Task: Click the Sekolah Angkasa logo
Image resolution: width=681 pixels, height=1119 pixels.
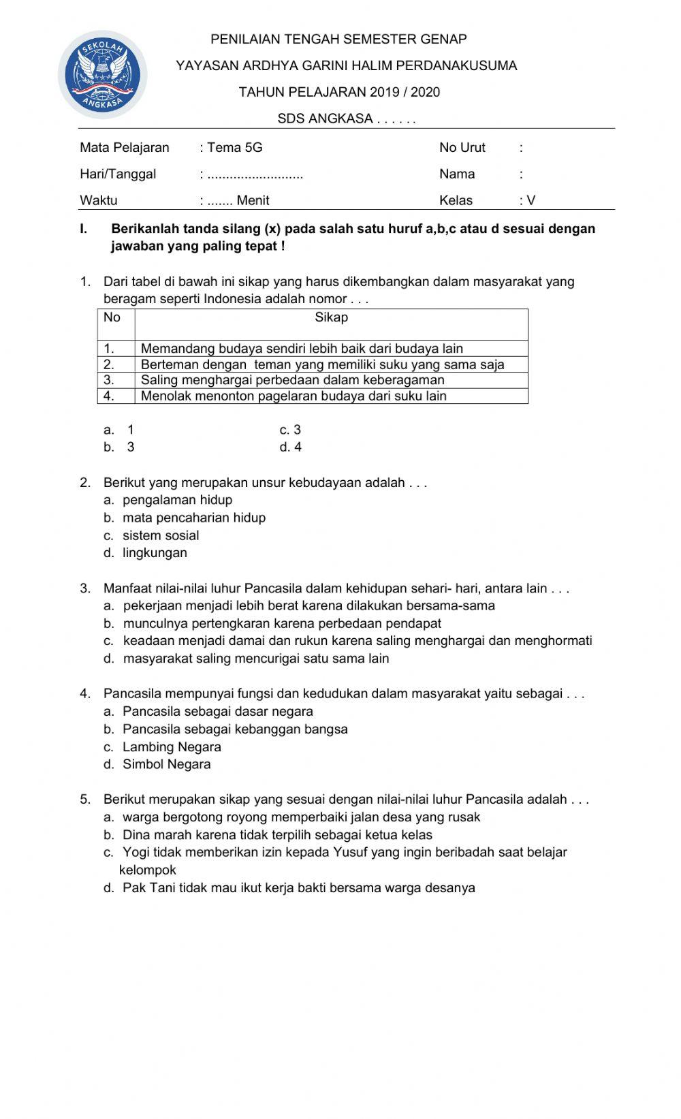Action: (103, 74)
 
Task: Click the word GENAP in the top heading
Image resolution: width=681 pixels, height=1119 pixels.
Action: (445, 40)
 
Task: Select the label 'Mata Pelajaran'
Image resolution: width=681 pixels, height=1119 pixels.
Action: (125, 148)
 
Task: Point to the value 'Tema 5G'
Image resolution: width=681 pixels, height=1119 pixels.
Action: (235, 148)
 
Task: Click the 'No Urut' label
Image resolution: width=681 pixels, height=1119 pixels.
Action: (462, 148)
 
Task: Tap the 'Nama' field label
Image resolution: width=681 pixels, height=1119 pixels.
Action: (457, 174)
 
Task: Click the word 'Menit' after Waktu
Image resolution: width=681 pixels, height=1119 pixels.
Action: (253, 201)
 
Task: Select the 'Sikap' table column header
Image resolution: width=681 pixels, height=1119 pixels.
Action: (332, 317)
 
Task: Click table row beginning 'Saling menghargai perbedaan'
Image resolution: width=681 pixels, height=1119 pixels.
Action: (293, 380)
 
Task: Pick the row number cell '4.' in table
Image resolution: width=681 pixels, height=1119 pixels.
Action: (110, 396)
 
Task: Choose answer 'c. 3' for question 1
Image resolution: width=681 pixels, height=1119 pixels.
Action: (290, 430)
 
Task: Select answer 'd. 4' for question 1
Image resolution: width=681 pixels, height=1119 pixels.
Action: (290, 447)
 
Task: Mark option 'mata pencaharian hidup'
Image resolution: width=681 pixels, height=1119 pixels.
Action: (194, 518)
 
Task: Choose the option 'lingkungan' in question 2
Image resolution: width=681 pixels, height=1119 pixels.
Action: (155, 553)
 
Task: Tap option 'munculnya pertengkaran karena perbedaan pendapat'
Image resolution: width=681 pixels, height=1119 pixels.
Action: (282, 623)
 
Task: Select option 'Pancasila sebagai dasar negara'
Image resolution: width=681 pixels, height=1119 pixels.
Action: (218, 712)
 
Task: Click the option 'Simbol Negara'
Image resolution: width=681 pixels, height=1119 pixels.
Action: (167, 764)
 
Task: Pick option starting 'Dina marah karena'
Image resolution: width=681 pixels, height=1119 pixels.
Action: (277, 835)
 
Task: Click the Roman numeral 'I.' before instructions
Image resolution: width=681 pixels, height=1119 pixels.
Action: (84, 229)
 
